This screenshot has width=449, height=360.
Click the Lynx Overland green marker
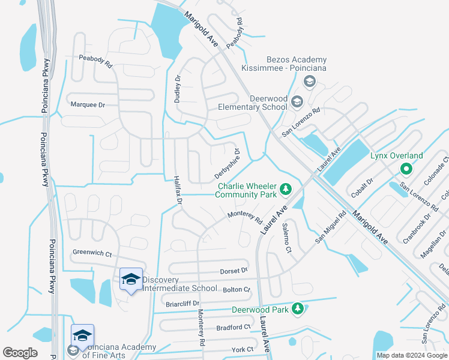click(x=405, y=169)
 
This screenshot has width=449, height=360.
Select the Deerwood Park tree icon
click(x=297, y=310)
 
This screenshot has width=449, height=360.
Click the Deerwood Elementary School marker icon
click(x=297, y=103)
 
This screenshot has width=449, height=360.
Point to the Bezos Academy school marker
click(x=310, y=82)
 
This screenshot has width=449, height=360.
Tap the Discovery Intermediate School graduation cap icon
click(x=131, y=279)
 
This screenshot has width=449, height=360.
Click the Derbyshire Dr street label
click(x=228, y=164)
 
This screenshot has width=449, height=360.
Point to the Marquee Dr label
click(x=88, y=105)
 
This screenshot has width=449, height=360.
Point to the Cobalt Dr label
click(x=362, y=187)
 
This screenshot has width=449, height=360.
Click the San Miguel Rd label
click(x=331, y=227)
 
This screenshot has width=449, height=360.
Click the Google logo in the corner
click(x=20, y=353)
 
